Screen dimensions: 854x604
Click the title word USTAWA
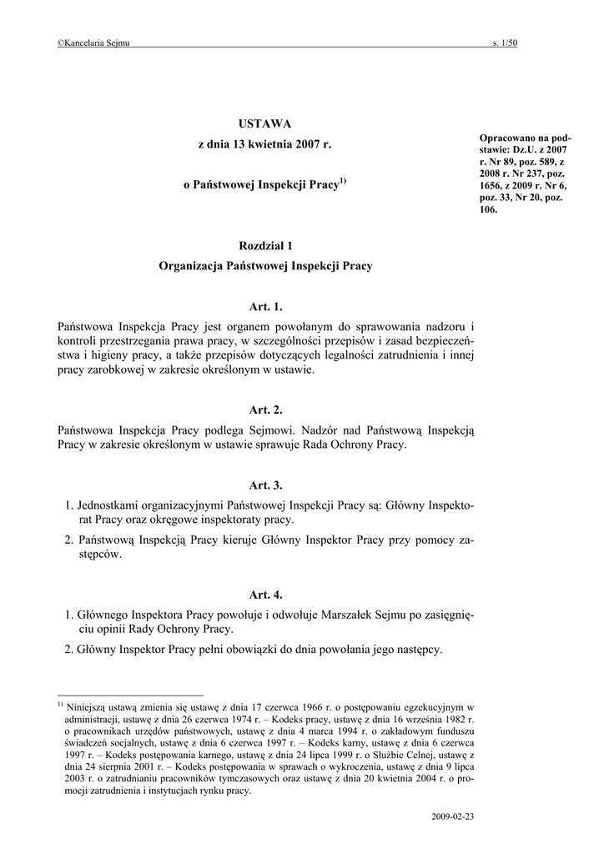coord(264,123)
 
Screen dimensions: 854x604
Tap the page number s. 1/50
coord(506,43)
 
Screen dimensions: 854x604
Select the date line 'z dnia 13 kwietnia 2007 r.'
coord(264,145)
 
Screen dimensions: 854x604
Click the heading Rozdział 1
coord(264,245)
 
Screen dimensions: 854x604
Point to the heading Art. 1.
coord(265,308)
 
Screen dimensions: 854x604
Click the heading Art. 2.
coord(265,410)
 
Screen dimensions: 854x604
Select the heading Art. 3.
coord(265,485)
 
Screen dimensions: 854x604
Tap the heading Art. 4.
coord(265,595)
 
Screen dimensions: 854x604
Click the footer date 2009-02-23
coord(454,815)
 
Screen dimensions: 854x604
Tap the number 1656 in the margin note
coord(491,187)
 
